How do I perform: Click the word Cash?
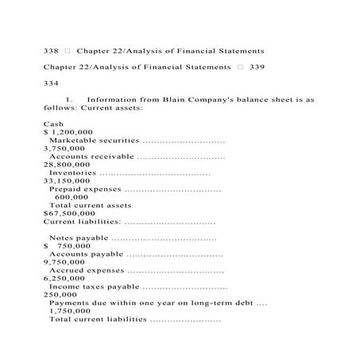point(53,124)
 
